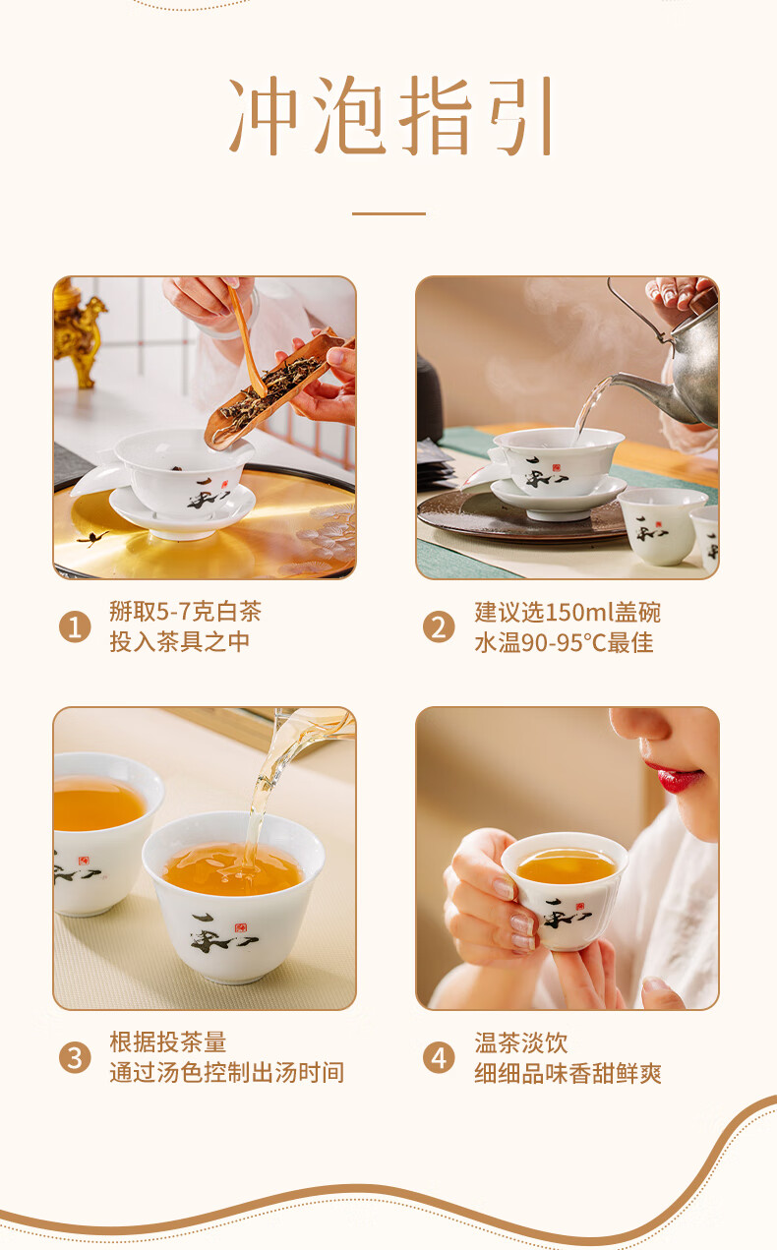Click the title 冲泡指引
(390, 115)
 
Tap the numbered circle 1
(75, 626)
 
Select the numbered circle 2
(439, 626)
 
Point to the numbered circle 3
(75, 1057)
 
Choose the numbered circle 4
(439, 1057)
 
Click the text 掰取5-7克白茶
(185, 612)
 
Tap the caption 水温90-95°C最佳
(564, 642)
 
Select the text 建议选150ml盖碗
(568, 612)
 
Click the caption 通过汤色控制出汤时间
(226, 1073)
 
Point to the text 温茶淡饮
(521, 1042)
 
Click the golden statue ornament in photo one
(80, 333)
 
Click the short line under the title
(389, 213)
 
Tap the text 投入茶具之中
(180, 642)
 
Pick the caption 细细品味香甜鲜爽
(568, 1073)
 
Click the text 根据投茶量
(168, 1042)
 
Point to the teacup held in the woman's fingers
(565, 891)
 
